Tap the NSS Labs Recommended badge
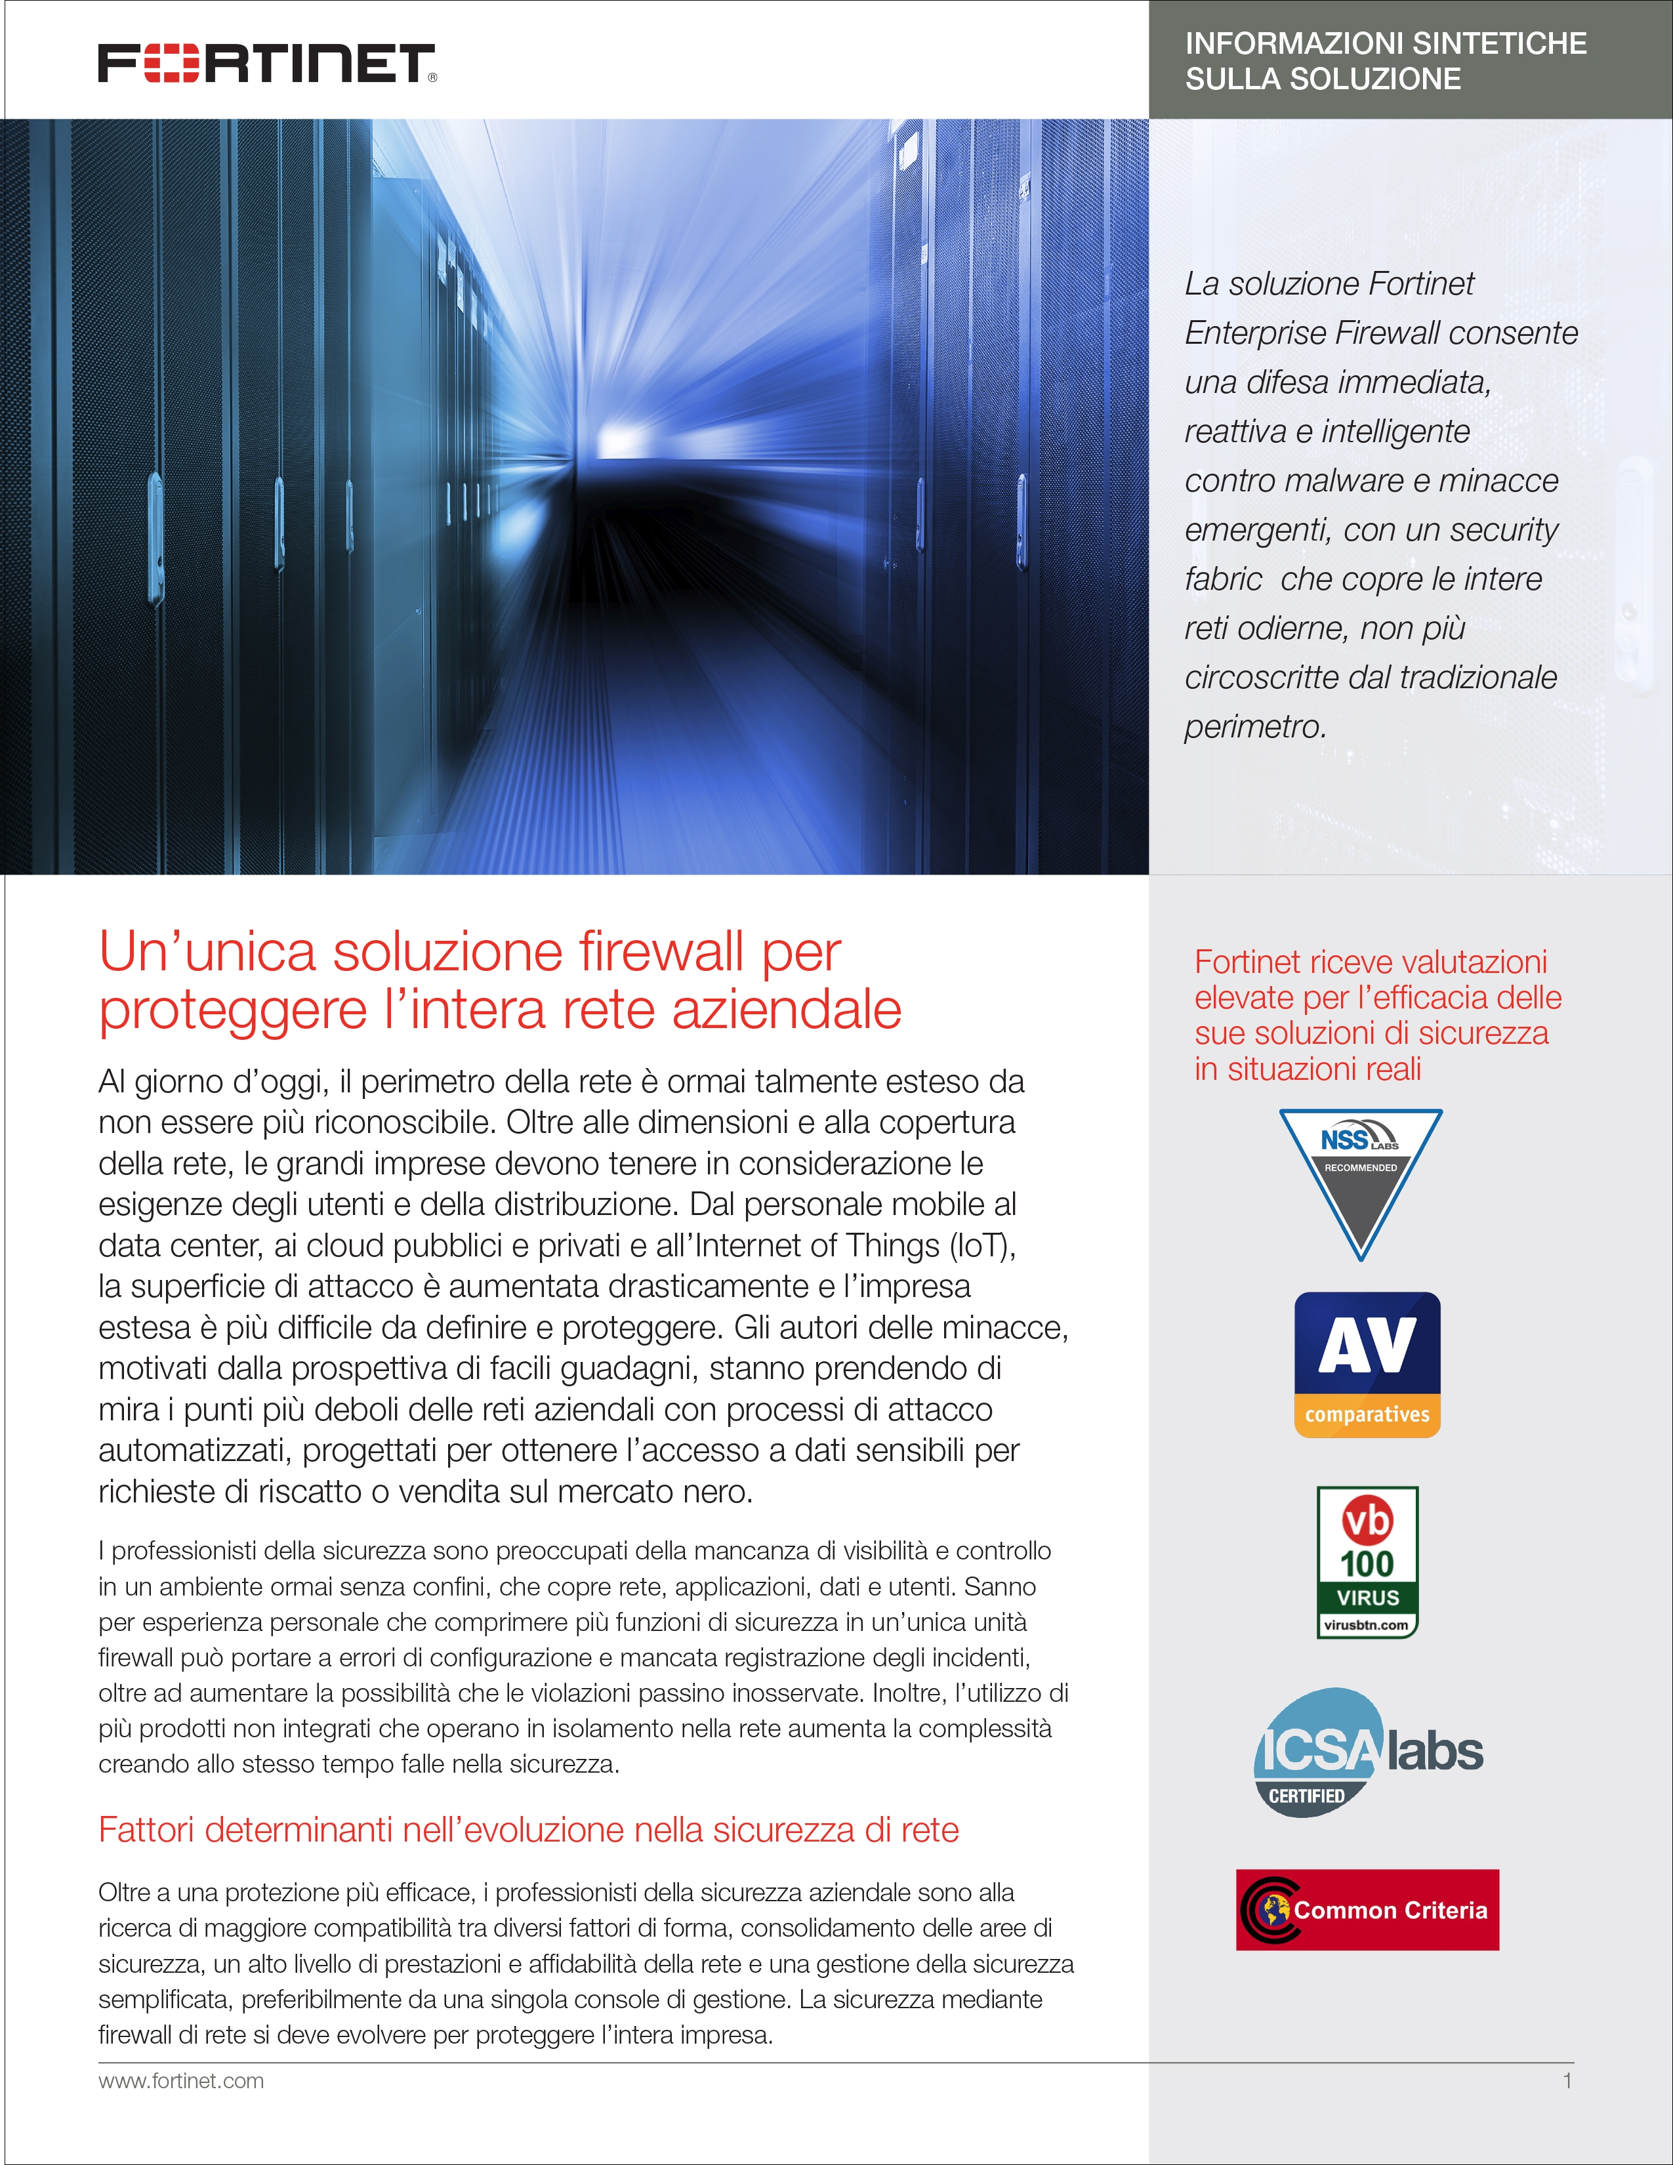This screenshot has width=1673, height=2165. [x=1361, y=1180]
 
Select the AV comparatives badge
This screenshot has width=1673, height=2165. [x=1367, y=1364]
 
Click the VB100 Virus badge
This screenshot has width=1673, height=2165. [x=1367, y=1561]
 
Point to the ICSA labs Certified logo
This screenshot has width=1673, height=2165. [x=1369, y=1752]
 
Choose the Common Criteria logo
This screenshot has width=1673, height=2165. [x=1367, y=1909]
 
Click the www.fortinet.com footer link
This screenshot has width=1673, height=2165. [x=181, y=2081]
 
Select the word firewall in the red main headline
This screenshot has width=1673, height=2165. [x=661, y=952]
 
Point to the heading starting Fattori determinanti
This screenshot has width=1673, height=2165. [x=528, y=1830]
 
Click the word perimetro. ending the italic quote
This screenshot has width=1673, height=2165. [x=1254, y=727]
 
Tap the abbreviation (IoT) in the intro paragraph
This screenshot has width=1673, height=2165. [x=982, y=1245]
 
